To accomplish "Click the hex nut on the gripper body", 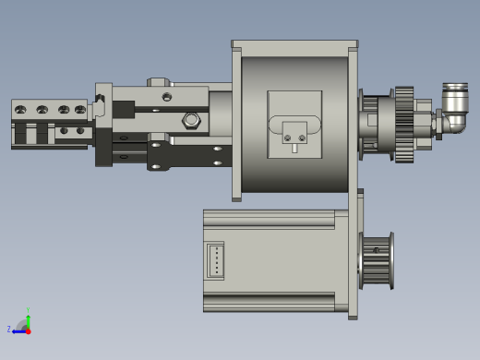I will [191, 119].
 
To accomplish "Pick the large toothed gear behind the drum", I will [403, 125].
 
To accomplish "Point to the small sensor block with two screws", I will [294, 134].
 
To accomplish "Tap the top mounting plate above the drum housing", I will [294, 44].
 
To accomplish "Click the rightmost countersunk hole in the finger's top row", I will [79, 110].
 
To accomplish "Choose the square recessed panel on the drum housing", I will [294, 125].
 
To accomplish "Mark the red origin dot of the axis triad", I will [28, 330].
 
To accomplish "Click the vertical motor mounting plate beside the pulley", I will [353, 255].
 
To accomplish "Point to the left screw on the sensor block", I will [288, 138].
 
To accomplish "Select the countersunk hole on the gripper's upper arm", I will [166, 96].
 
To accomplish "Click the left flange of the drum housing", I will [236, 122].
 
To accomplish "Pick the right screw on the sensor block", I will [301, 138].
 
